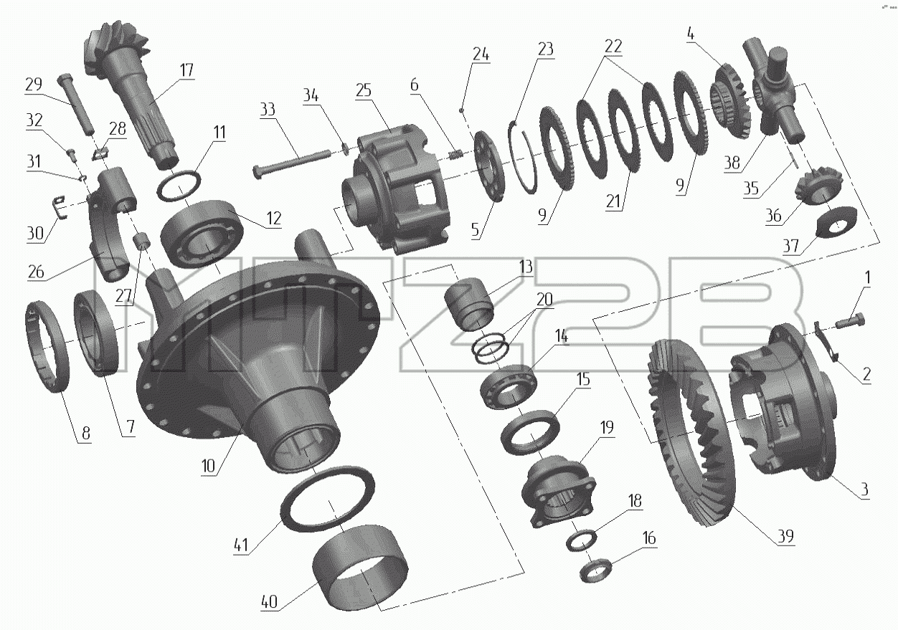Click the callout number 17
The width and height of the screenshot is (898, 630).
pyautogui.click(x=186, y=70)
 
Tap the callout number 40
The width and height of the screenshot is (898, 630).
pyautogui.click(x=270, y=601)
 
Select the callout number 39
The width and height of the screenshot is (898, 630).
pyautogui.click(x=785, y=536)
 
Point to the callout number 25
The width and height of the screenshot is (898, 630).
pyautogui.click(x=363, y=90)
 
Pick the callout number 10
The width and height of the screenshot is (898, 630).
pyautogui.click(x=209, y=466)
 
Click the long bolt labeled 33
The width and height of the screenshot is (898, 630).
pyautogui.click(x=292, y=163)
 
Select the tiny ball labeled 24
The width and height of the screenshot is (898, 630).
pyautogui.click(x=462, y=108)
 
